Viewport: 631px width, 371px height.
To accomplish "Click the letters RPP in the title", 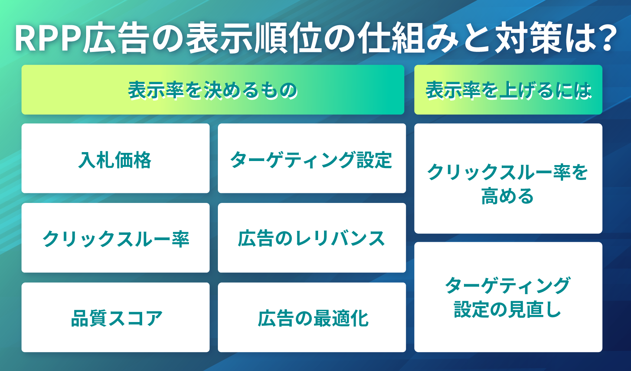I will pos(48,39).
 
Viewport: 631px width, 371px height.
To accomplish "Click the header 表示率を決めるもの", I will pos(213,90).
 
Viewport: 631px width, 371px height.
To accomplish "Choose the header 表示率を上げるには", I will pos(508,90).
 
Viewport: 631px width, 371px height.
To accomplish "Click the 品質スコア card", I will pos(115,318).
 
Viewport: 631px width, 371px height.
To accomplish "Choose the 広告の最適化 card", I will pos(311,318).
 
